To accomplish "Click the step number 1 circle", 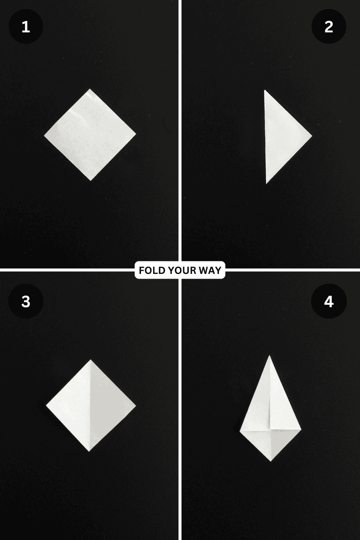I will click(x=26, y=27).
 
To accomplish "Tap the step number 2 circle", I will click(x=329, y=27).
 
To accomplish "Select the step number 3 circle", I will click(x=26, y=302).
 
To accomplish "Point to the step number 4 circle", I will click(x=329, y=302).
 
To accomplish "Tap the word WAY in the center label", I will click(x=211, y=270).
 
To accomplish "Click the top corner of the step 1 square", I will click(x=90, y=89).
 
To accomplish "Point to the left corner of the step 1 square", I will click(x=45, y=135).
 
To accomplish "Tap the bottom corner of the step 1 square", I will click(x=91, y=180).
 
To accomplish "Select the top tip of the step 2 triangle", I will click(x=265, y=91).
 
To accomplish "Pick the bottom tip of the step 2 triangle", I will click(x=266, y=183).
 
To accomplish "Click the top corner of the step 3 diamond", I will click(x=90, y=360).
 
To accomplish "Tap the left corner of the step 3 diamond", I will click(x=46, y=405).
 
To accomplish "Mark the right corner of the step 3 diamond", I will click(x=135, y=405).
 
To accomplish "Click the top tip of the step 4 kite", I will click(x=270, y=356).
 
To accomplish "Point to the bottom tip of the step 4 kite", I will click(x=270, y=461).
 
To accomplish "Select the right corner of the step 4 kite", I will click(x=301, y=430).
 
